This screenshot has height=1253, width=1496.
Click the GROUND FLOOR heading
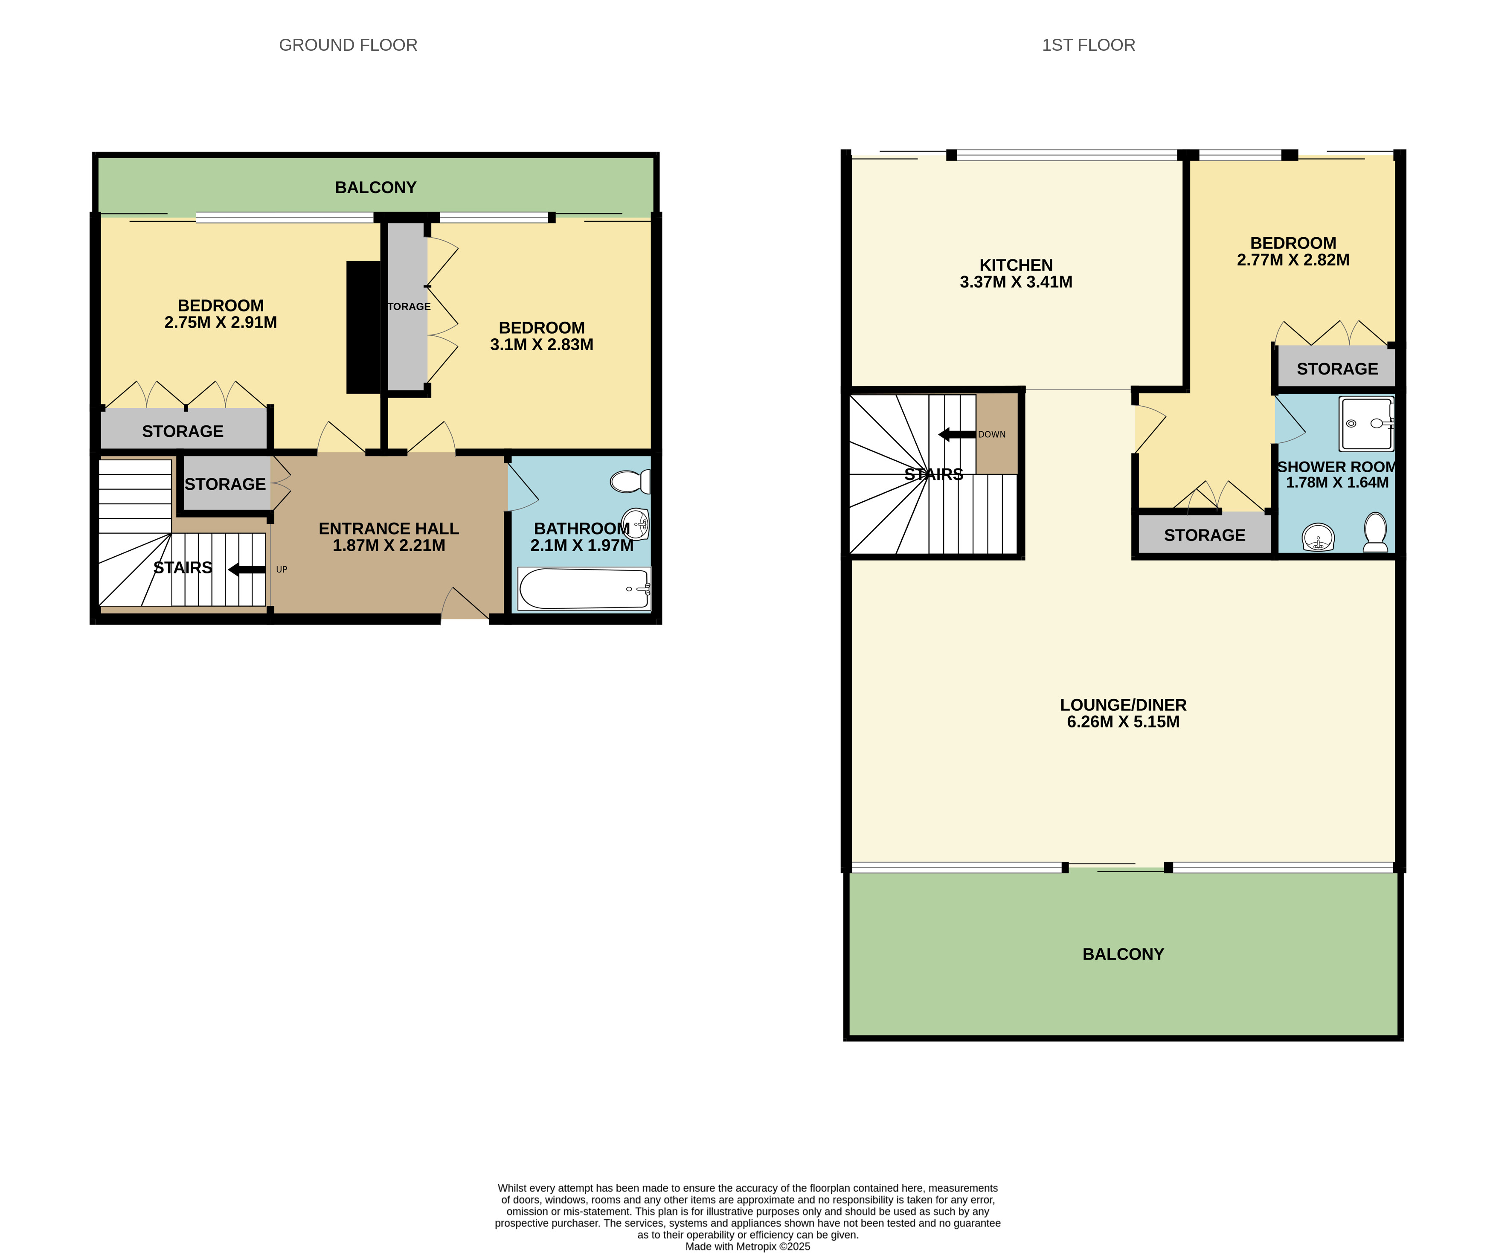[348, 45]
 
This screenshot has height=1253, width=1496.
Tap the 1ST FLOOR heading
[1088, 45]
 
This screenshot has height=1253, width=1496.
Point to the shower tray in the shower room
[1365, 424]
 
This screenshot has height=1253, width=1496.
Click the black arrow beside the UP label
[247, 569]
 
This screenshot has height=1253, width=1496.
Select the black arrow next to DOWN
[956, 435]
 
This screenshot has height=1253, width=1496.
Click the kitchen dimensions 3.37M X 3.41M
[1016, 282]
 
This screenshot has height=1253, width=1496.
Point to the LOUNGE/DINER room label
[1123, 704]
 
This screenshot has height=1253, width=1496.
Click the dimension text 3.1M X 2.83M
[541, 345]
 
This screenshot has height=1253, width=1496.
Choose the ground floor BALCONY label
[375, 187]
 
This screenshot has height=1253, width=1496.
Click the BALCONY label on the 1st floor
[1123, 954]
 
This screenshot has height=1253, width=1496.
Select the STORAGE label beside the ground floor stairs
[225, 484]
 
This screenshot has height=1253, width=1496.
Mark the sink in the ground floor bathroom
[636, 524]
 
